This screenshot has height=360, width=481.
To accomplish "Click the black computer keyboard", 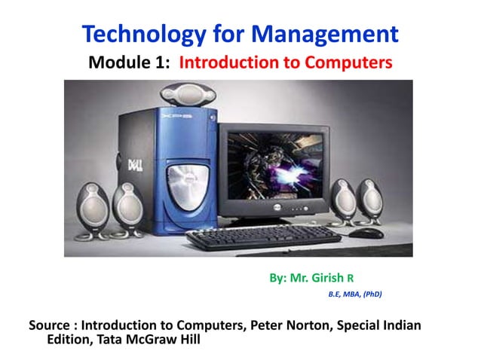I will point(263,239).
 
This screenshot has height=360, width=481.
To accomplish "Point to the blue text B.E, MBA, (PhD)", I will point(354,294).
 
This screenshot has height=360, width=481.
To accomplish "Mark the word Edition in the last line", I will point(70,340).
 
